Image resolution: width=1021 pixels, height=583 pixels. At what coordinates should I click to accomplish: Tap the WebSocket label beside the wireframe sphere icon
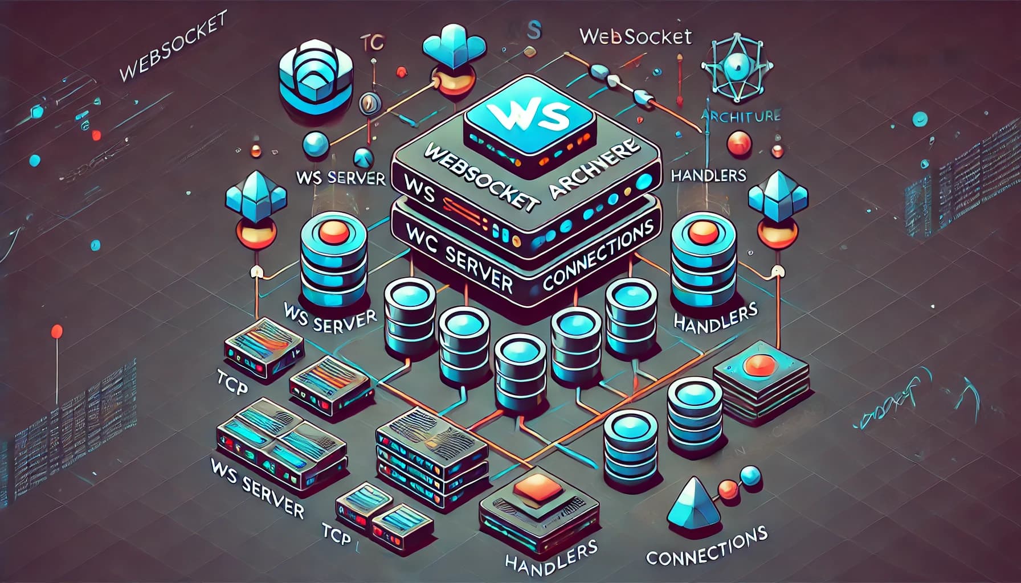coord(635,36)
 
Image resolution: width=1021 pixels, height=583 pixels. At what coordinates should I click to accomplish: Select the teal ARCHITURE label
coord(741,116)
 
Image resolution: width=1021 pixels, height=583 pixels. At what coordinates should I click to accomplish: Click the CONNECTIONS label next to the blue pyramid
coord(706,547)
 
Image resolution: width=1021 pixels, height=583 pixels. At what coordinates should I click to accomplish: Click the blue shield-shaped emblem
coord(311,74)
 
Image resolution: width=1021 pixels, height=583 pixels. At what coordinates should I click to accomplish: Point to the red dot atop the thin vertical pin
coord(57,331)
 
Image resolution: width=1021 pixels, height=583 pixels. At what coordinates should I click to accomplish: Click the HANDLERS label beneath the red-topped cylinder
coord(715,317)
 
